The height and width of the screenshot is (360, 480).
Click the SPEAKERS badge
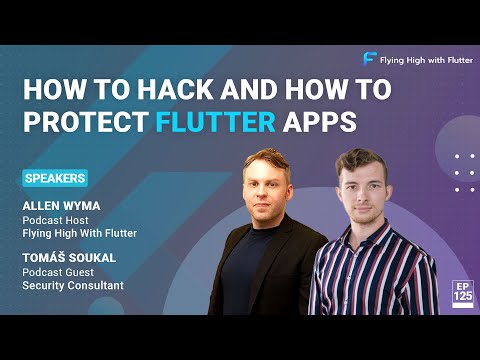(x=54, y=178)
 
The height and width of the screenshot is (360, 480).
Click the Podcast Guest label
(x=60, y=272)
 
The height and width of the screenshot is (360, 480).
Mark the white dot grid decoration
(x=462, y=172)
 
